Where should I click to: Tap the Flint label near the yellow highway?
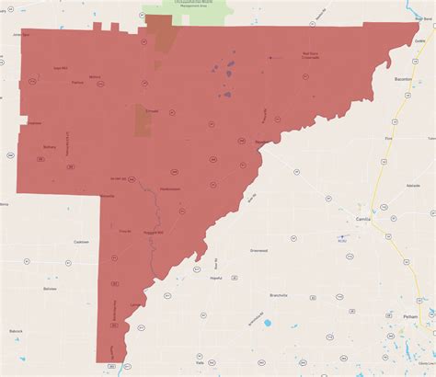coord(389,138)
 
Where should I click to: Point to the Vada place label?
coord(198,337)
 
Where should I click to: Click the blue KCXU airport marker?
coord(341,236)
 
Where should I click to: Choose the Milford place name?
coord(95,76)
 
